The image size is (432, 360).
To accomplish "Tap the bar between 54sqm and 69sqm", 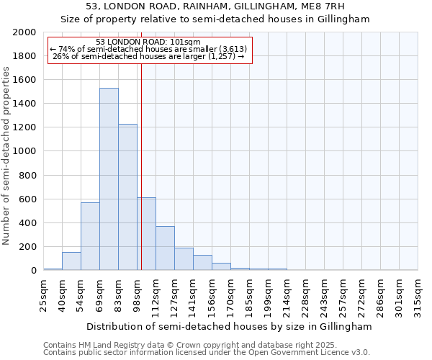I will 90,236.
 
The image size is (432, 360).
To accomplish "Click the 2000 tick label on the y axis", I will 24,32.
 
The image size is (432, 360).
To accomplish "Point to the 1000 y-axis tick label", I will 24,152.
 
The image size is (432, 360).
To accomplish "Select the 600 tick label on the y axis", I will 27,199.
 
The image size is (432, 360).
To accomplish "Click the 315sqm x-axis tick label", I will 418,292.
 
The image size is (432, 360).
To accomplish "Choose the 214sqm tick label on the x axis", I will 287,292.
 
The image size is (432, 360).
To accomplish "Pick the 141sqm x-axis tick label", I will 194,292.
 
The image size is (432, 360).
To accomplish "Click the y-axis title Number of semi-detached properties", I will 7,156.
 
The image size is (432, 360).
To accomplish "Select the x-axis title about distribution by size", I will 230,326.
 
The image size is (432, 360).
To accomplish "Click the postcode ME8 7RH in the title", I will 330,6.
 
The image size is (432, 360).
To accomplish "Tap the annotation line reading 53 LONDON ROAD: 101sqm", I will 148,42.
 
